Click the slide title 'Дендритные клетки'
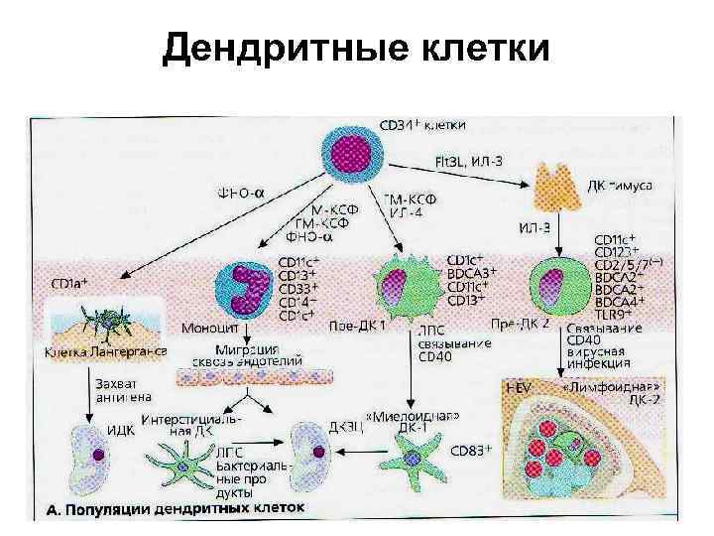coord(355,47)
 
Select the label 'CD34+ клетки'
coord(423,126)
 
